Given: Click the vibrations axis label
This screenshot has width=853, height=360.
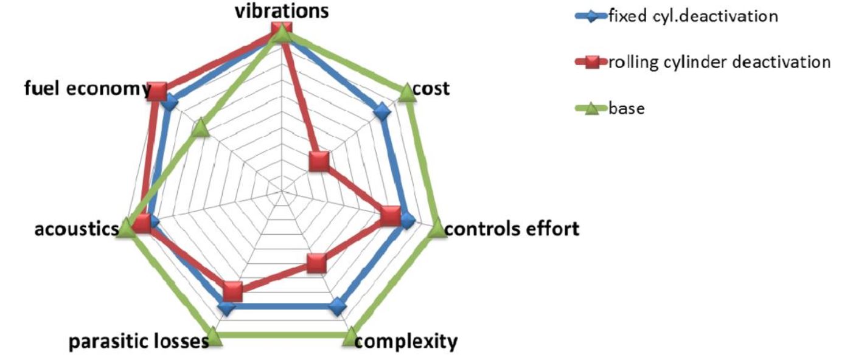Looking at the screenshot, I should click(x=282, y=10).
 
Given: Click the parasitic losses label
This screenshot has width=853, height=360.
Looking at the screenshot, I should click(x=138, y=342).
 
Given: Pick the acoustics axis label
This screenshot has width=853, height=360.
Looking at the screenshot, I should click(x=76, y=229).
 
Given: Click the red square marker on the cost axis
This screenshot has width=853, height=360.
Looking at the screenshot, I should click(x=319, y=162).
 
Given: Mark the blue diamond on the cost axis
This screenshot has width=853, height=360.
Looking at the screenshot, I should click(x=382, y=112).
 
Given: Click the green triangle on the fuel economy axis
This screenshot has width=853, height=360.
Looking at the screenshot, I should click(x=202, y=129).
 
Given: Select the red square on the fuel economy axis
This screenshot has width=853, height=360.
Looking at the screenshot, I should click(x=157, y=92).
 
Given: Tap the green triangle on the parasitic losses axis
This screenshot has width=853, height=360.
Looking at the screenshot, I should click(x=214, y=337).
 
